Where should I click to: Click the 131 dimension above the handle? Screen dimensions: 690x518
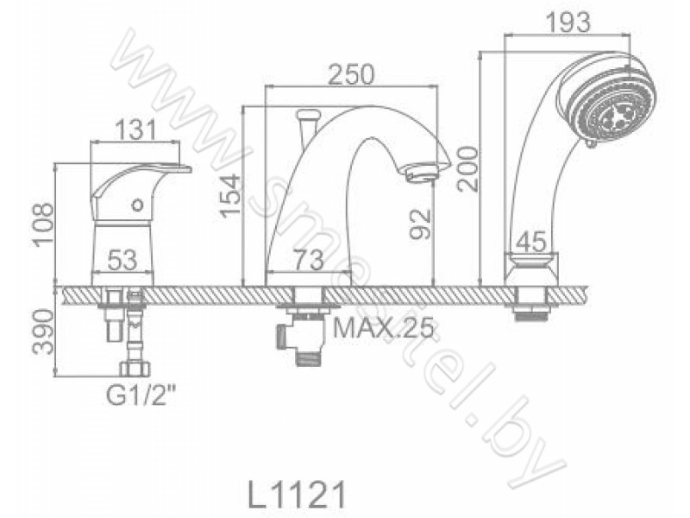[x=135, y=130]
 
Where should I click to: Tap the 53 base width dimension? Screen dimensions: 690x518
[x=122, y=261]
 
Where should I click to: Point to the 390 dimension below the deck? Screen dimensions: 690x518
[x=44, y=332]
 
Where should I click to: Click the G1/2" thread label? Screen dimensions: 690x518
[x=138, y=395]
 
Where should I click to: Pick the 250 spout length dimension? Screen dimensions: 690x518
[x=352, y=74]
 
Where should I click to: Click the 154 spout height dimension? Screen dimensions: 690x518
[x=231, y=196]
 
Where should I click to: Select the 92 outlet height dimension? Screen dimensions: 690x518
[x=420, y=224]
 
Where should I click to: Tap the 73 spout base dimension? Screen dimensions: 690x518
[x=310, y=260]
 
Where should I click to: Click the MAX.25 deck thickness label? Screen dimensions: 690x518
[x=384, y=327]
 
